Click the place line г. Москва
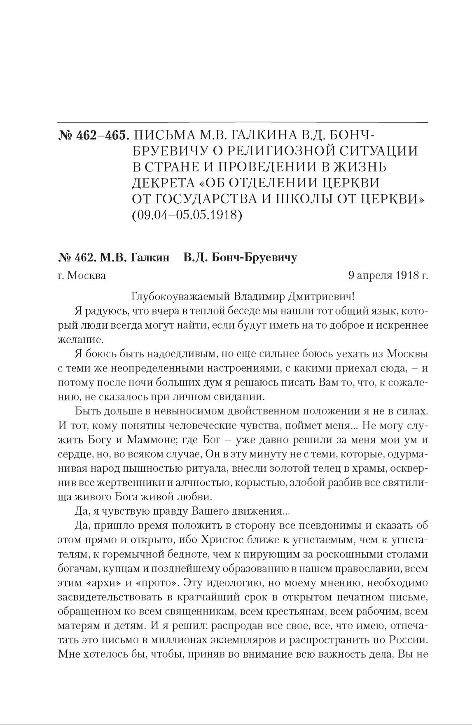pyautogui.click(x=82, y=275)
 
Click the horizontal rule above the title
pyautogui.click(x=243, y=122)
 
